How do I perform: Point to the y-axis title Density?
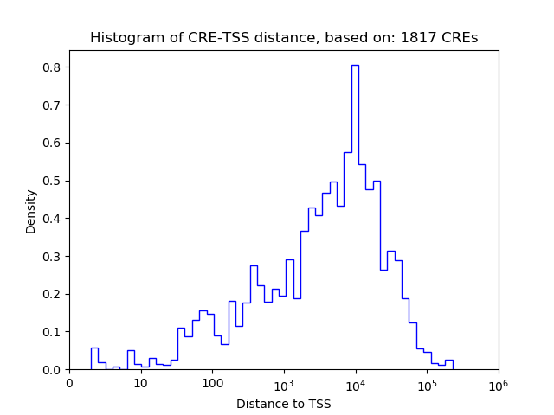tap(31, 211)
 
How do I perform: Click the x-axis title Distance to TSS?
tap(284, 404)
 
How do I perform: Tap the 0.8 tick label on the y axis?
tap(51, 67)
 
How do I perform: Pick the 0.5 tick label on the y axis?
tap(51, 181)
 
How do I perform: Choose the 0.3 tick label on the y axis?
tap(51, 256)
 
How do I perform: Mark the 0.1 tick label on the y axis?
tap(51, 332)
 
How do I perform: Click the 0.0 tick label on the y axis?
tap(51, 370)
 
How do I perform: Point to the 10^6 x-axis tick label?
tap(498, 384)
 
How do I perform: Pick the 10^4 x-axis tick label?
tap(356, 384)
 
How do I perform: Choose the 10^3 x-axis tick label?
tap(284, 384)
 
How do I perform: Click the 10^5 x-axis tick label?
tap(427, 384)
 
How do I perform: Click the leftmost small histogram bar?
tap(94, 359)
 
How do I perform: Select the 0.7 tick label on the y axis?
tap(51, 105)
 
